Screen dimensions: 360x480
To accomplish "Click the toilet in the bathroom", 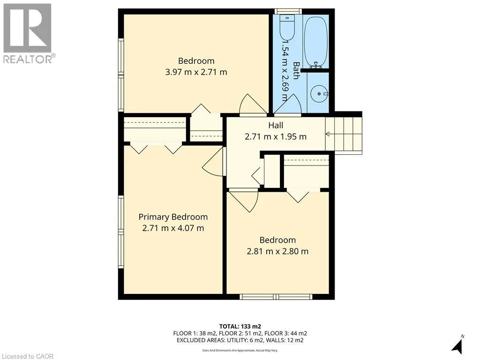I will pos(286,28).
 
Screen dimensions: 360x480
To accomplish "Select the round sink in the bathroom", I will pos(320,94).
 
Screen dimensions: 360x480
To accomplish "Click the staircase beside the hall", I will pos(344,134).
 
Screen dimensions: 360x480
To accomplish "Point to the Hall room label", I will pos(276,125).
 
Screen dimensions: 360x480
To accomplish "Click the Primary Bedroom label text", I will pos(173,217).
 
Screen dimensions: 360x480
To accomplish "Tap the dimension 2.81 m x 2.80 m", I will pos(277,251).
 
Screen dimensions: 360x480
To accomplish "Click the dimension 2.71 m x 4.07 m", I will pos(173,228).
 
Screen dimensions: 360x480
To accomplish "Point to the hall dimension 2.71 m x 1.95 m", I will pos(276,137).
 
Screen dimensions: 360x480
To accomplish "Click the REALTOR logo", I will pos(28,33).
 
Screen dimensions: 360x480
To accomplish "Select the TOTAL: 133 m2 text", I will pos(240,326).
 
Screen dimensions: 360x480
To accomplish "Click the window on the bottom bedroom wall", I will pos(276,297).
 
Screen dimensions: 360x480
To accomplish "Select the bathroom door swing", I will pos(287,104).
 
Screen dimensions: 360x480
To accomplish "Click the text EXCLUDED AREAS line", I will pos(240,340).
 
